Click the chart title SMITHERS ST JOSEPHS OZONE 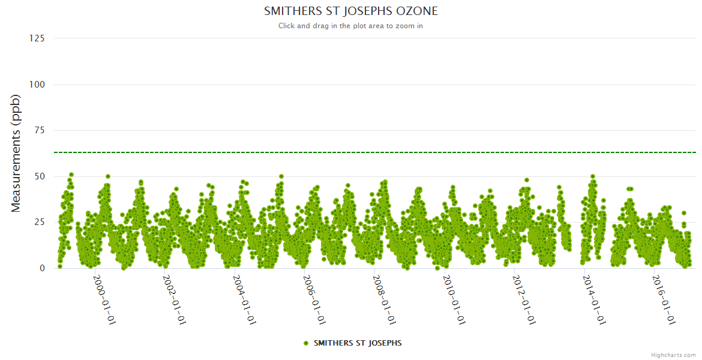[351, 11]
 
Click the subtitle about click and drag [350, 26]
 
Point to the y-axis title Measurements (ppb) [16, 153]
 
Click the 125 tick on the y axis [37, 38]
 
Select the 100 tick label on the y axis [37, 85]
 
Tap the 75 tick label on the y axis [39, 130]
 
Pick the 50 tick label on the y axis [39, 176]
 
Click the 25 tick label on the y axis [39, 223]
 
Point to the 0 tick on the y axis [42, 268]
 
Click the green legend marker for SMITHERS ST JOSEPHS [306, 343]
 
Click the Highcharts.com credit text [673, 355]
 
